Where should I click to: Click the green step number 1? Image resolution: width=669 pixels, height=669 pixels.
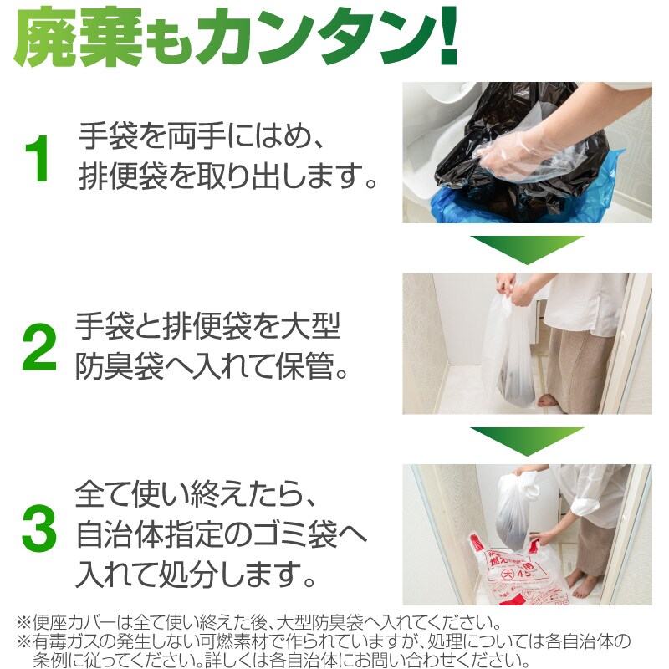pos(37,159)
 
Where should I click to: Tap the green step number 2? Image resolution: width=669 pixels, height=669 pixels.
pos(39,347)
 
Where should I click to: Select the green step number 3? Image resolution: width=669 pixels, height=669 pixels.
pos(38,528)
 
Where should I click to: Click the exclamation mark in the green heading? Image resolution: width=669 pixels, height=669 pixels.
pos(448,35)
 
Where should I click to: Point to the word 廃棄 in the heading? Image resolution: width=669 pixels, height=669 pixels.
pos(78,38)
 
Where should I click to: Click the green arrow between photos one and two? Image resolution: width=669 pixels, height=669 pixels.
pos(527,250)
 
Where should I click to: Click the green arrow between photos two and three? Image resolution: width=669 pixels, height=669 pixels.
pos(527,442)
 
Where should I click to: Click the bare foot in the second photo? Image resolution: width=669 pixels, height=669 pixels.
pos(549,401)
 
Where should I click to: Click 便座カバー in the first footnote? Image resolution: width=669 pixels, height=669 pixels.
pos(75,622)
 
